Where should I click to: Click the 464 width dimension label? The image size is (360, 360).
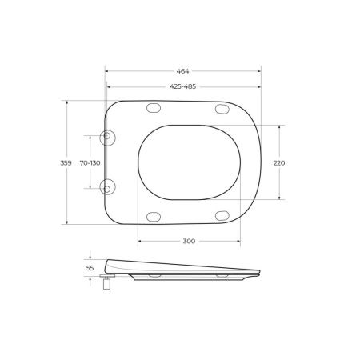[183, 71]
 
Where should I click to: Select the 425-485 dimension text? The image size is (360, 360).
[183, 86]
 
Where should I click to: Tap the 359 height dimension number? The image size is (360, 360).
[66, 162]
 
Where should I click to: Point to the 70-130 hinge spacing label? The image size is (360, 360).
[90, 162]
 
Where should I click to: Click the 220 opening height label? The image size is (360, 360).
[279, 162]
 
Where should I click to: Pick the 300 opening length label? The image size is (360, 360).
[189, 241]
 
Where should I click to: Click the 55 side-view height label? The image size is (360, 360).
[90, 268]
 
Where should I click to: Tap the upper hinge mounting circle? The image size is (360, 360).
[107, 138]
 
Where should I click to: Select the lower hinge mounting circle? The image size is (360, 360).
[107, 186]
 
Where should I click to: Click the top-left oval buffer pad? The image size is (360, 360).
[154, 108]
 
